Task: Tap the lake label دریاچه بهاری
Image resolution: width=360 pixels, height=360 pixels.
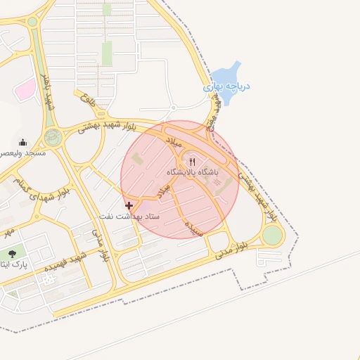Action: coord(226,87)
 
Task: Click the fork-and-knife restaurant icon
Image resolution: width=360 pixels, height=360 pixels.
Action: coord(192,161)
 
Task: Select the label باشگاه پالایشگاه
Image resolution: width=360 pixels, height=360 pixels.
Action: coord(192,172)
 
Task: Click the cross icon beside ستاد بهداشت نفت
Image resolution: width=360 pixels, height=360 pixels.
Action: coord(129,205)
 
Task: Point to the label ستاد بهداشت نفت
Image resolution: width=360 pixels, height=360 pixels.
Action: coord(129,216)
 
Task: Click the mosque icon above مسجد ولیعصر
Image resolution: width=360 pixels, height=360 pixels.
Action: coord(22,141)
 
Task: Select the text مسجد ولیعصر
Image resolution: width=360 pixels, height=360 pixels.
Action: coord(22,152)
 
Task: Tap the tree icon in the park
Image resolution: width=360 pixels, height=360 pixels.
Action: coord(12,253)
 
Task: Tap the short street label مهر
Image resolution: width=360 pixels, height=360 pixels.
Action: coord(8,230)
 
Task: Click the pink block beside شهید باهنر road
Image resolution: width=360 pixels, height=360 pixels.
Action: coord(26,89)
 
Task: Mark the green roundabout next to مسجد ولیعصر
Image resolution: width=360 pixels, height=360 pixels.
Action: coord(53,138)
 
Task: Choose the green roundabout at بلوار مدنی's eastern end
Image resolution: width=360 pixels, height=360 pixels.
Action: coord(272,236)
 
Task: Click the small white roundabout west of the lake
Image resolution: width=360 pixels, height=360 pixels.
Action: coord(173,108)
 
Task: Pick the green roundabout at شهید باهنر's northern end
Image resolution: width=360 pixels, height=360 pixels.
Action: coord(32,22)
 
